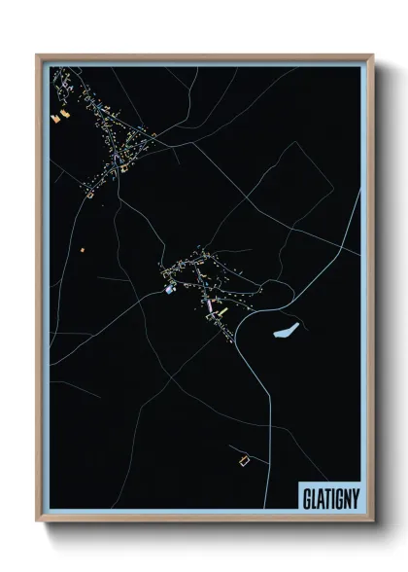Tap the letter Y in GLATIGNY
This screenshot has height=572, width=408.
pos(355,498)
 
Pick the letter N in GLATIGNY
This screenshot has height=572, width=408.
pos(346,498)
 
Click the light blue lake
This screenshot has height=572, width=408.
pos(286,332)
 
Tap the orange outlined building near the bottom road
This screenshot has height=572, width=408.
pos(244,456)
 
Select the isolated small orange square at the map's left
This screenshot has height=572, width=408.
pos(82,250)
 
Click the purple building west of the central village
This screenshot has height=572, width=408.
pos(169,289)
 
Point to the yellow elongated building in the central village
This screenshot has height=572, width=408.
pos(221,311)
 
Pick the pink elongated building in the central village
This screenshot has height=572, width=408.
pos(207,304)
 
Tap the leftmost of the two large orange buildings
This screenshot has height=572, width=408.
pos(55,117)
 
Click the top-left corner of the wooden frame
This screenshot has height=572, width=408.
pos(37,54)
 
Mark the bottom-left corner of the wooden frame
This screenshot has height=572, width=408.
pos(37,522)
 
